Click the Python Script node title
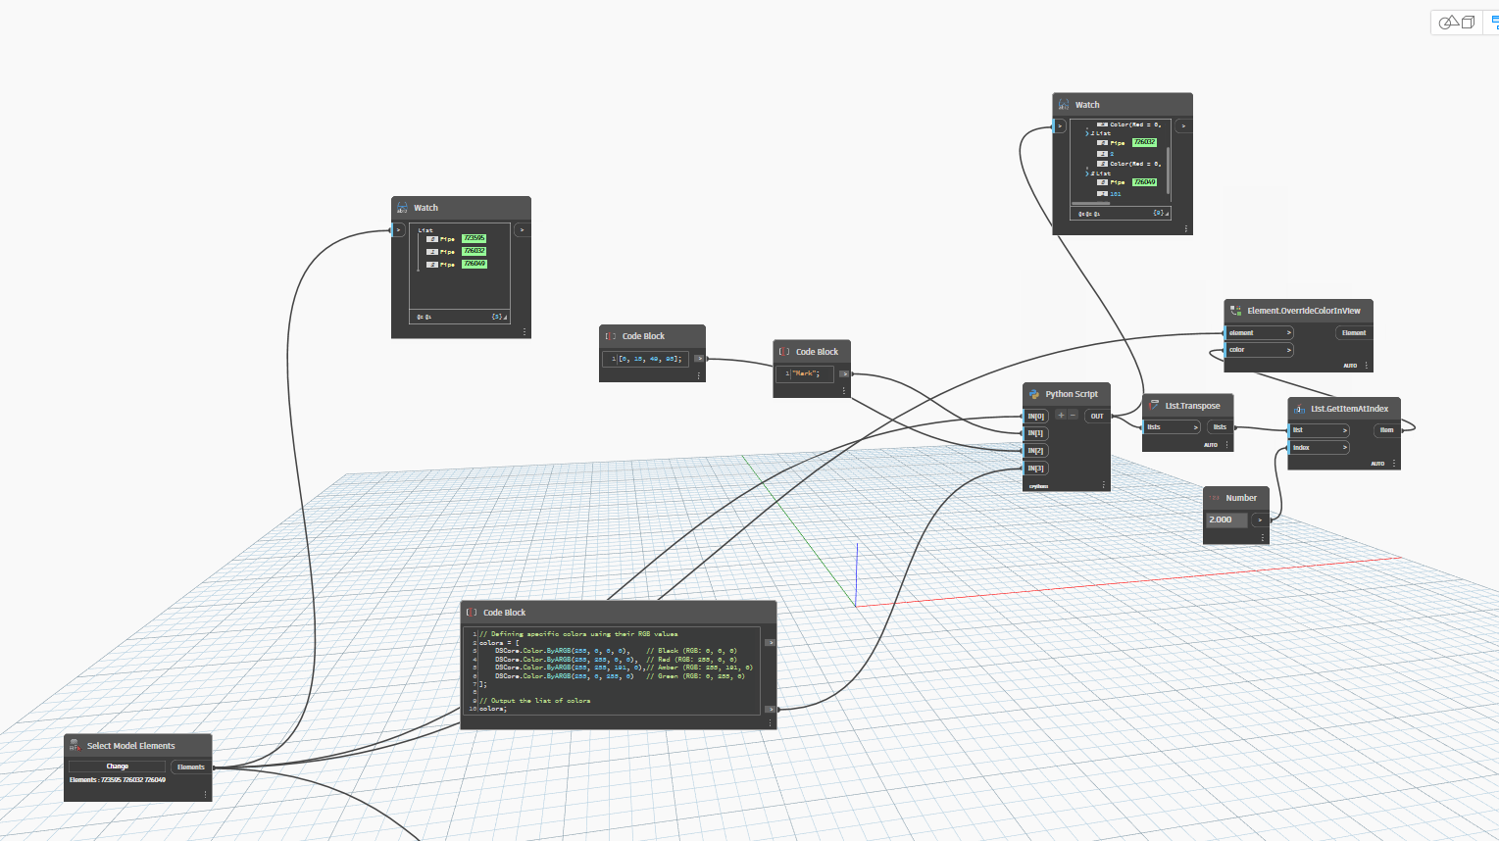point(1071,394)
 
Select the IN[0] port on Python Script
point(1036,416)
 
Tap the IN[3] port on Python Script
point(1036,469)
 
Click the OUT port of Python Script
point(1097,416)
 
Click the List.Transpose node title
point(1192,406)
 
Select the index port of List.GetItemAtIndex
point(1318,448)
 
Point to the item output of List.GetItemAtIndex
point(1386,429)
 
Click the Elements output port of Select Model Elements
point(191,767)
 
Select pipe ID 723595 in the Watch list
point(474,238)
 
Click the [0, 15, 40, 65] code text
point(649,359)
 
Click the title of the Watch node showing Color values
point(1087,105)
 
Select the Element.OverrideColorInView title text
point(1303,311)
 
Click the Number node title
point(1241,498)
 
